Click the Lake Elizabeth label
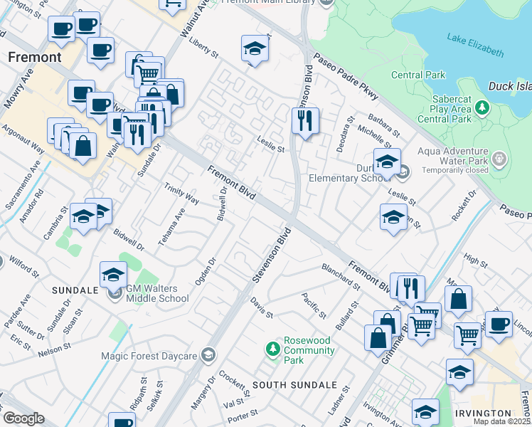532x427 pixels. tap(475, 45)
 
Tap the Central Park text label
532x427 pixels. tap(418, 75)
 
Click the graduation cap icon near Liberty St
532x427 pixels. tap(255, 48)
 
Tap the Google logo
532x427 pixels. tap(23, 418)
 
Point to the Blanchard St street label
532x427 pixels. tap(341, 276)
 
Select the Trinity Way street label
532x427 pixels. tap(181, 194)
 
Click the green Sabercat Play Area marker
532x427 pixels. tap(482, 108)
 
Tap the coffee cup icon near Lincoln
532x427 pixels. tap(499, 324)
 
